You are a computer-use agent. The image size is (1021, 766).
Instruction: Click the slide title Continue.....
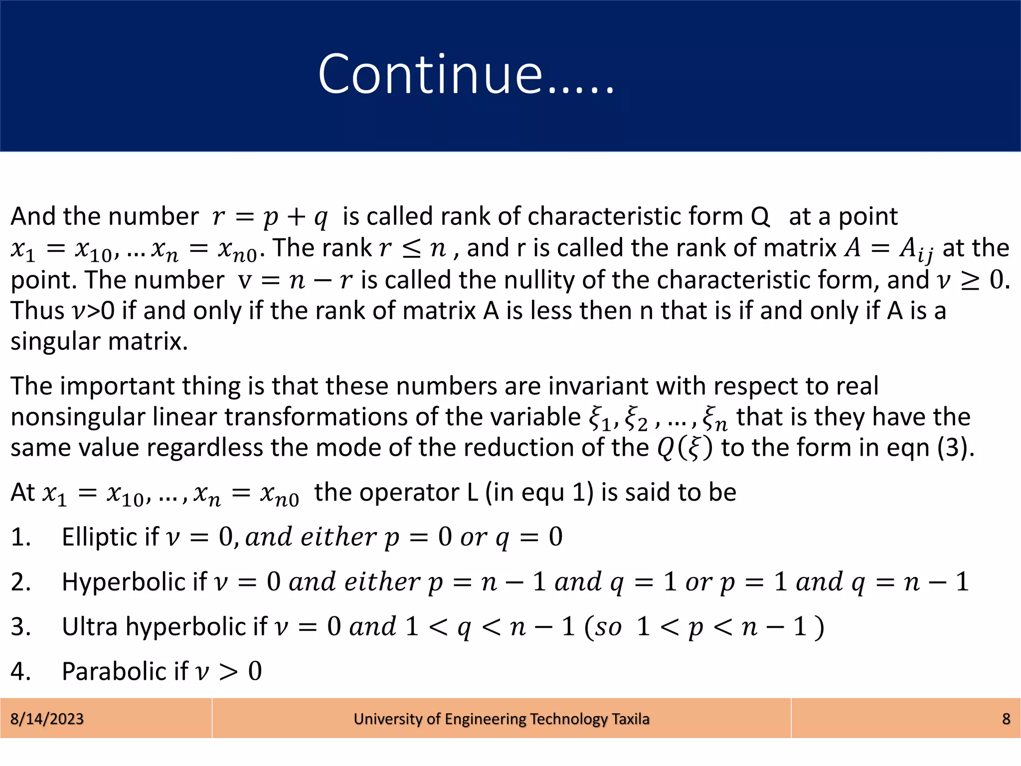(466, 75)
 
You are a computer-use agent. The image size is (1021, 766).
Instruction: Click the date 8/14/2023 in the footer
(47, 719)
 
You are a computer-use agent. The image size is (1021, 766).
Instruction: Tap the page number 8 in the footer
(1006, 719)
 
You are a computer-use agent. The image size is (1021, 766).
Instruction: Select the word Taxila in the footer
(631, 719)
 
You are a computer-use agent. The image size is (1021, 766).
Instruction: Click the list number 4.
(20, 671)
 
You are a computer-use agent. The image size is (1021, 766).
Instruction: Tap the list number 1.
(20, 537)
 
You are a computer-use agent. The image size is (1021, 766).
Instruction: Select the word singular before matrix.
(55, 342)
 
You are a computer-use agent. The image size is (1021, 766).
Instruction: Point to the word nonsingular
(77, 417)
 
